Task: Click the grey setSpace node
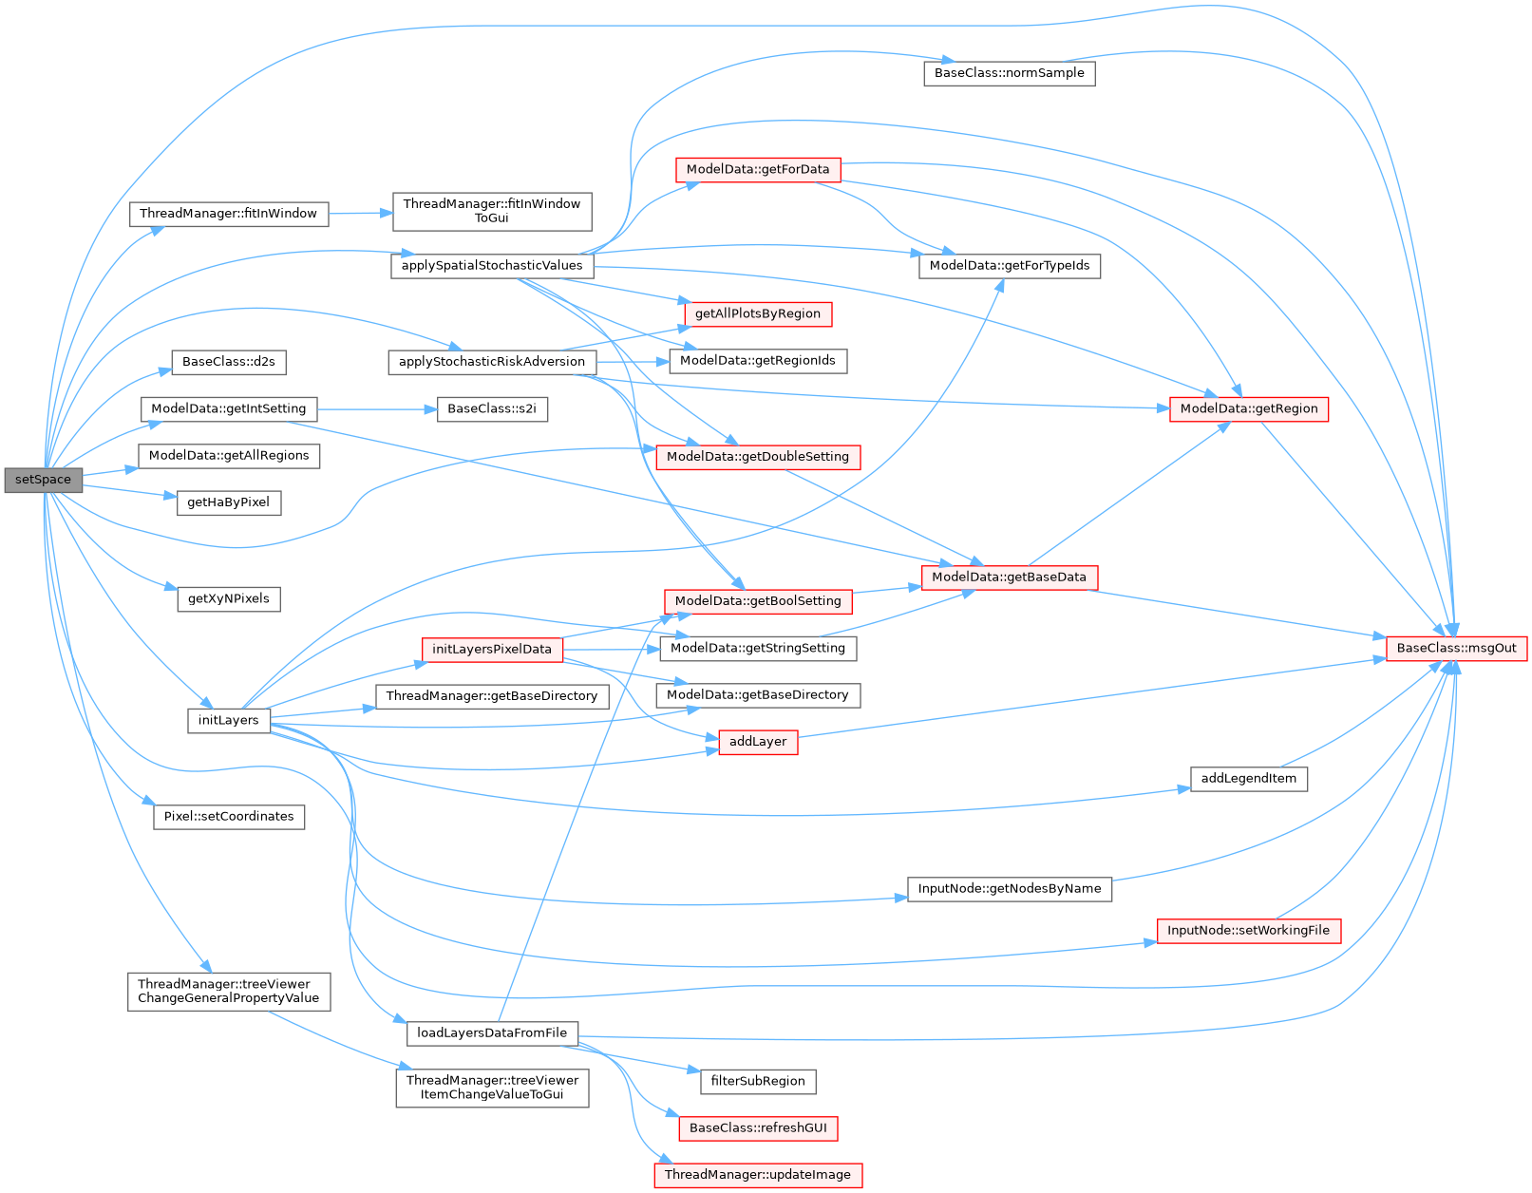point(43,480)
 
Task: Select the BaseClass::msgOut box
point(1456,648)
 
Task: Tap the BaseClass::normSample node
point(1009,73)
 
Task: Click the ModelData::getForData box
point(757,170)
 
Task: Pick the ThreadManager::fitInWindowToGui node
point(491,211)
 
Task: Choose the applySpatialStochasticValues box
point(491,266)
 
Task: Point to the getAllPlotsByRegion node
point(757,313)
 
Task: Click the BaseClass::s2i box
point(491,408)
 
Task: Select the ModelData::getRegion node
point(1248,408)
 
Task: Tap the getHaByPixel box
point(228,502)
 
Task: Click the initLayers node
point(228,720)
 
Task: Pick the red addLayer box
point(757,742)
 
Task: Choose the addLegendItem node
point(1248,779)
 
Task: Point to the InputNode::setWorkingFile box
point(1248,930)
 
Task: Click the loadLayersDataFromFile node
point(491,1032)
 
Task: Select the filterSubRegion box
point(757,1081)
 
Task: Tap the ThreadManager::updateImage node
point(757,1175)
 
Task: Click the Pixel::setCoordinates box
point(228,817)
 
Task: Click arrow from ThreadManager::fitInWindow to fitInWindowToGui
point(360,214)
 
